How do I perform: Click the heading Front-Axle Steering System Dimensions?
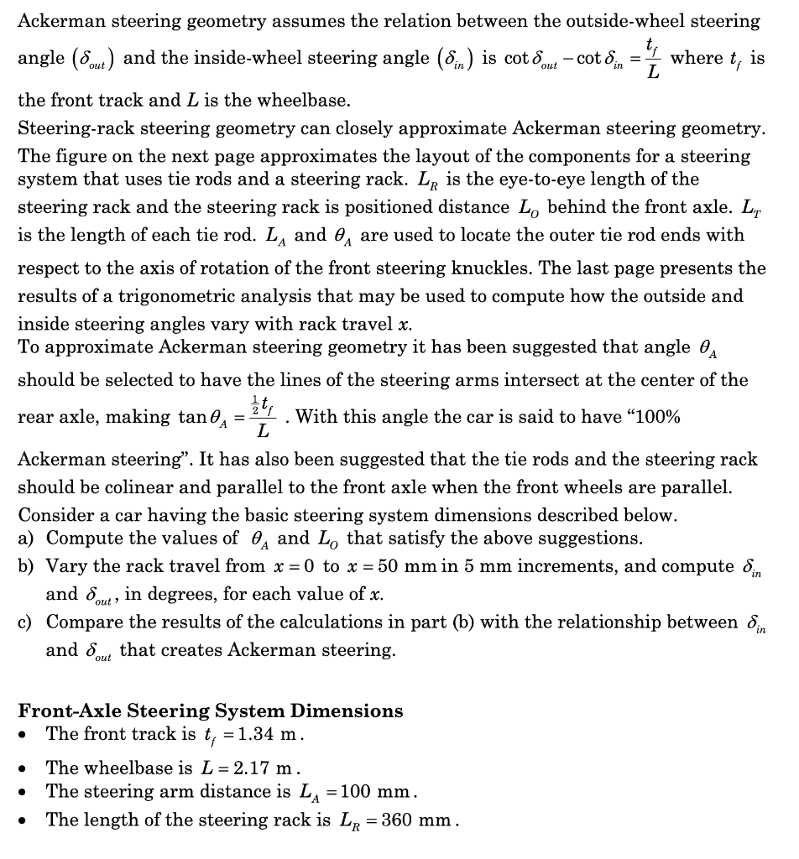click(211, 711)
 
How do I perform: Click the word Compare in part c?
click(81, 622)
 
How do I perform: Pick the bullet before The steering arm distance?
click(28, 793)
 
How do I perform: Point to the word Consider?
click(53, 515)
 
